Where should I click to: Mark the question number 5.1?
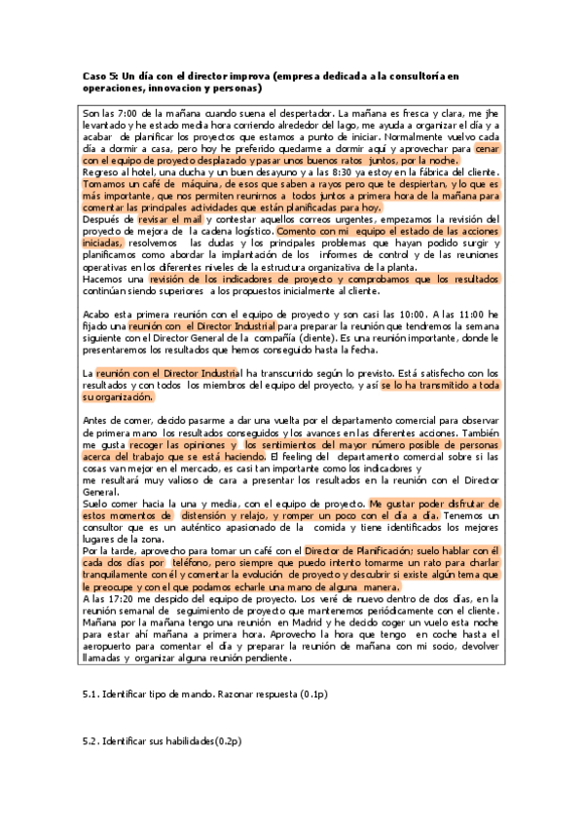pyautogui.click(x=93, y=695)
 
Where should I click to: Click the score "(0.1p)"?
pyautogui.click(x=312, y=695)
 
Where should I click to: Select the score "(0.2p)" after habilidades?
pyautogui.click(x=224, y=742)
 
